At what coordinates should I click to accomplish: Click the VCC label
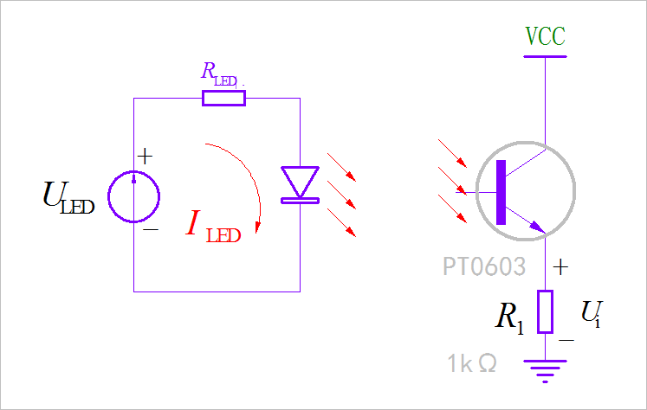[x=545, y=36]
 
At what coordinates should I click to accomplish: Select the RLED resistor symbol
[x=223, y=98]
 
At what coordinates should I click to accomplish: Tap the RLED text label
[x=221, y=74]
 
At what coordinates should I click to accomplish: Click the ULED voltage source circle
[x=133, y=195]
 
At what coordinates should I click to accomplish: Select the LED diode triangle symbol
[x=300, y=183]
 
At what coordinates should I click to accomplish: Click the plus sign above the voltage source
[x=146, y=157]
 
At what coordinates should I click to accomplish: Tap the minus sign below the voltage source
[x=150, y=231]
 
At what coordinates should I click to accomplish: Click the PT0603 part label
[x=483, y=266]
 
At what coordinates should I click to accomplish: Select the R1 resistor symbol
[x=545, y=311]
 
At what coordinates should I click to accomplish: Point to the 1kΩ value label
[x=472, y=363]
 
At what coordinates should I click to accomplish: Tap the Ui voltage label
[x=591, y=313]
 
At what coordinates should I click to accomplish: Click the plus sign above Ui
[x=561, y=267]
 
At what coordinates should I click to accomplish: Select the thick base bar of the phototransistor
[x=501, y=192]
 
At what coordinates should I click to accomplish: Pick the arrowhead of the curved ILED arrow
[x=259, y=227]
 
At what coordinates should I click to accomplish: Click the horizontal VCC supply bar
[x=545, y=57]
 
